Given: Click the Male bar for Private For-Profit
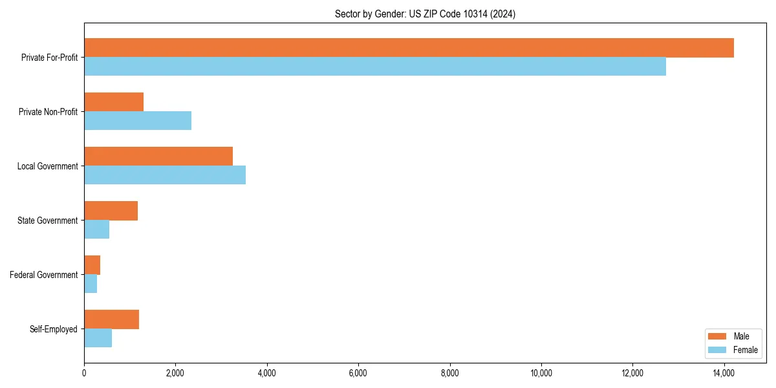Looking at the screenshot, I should (409, 48).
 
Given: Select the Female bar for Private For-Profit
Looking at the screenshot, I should (375, 67).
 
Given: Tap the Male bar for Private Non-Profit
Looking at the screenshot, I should (114, 102).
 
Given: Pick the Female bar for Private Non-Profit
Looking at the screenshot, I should (138, 121).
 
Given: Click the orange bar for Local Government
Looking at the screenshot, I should (158, 156).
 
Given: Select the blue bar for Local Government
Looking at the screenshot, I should (165, 175).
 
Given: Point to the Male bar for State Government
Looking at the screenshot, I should (111, 211).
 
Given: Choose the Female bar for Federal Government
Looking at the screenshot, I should (91, 284).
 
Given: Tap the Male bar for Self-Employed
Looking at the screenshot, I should (111, 319).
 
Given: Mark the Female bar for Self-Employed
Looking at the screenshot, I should (98, 338).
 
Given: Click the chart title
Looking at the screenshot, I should (425, 14).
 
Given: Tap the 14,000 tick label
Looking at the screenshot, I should (724, 372).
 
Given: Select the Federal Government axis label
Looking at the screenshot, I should (44, 275).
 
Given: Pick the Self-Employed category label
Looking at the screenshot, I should (54, 329).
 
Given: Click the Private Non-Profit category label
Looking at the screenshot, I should (48, 112).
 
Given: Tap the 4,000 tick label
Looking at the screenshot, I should (266, 372).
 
